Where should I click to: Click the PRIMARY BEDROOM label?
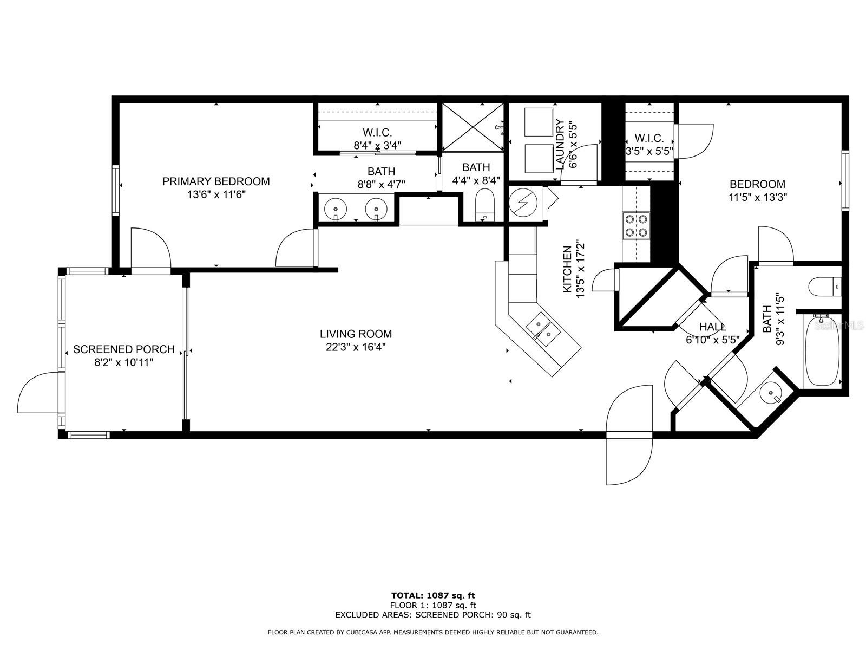click(x=216, y=181)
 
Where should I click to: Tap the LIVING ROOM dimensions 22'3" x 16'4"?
click(x=356, y=347)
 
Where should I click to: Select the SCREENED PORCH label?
click(x=124, y=349)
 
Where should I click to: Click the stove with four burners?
click(x=635, y=226)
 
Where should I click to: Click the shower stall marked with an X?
click(x=473, y=127)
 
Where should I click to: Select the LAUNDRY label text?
click(x=560, y=145)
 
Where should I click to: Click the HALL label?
click(x=712, y=327)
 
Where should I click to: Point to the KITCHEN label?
click(x=567, y=269)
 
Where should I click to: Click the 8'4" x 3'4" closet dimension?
click(x=378, y=145)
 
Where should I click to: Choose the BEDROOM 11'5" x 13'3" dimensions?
click(x=758, y=197)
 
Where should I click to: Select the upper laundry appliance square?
click(x=539, y=122)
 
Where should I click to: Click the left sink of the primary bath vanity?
click(x=336, y=209)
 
